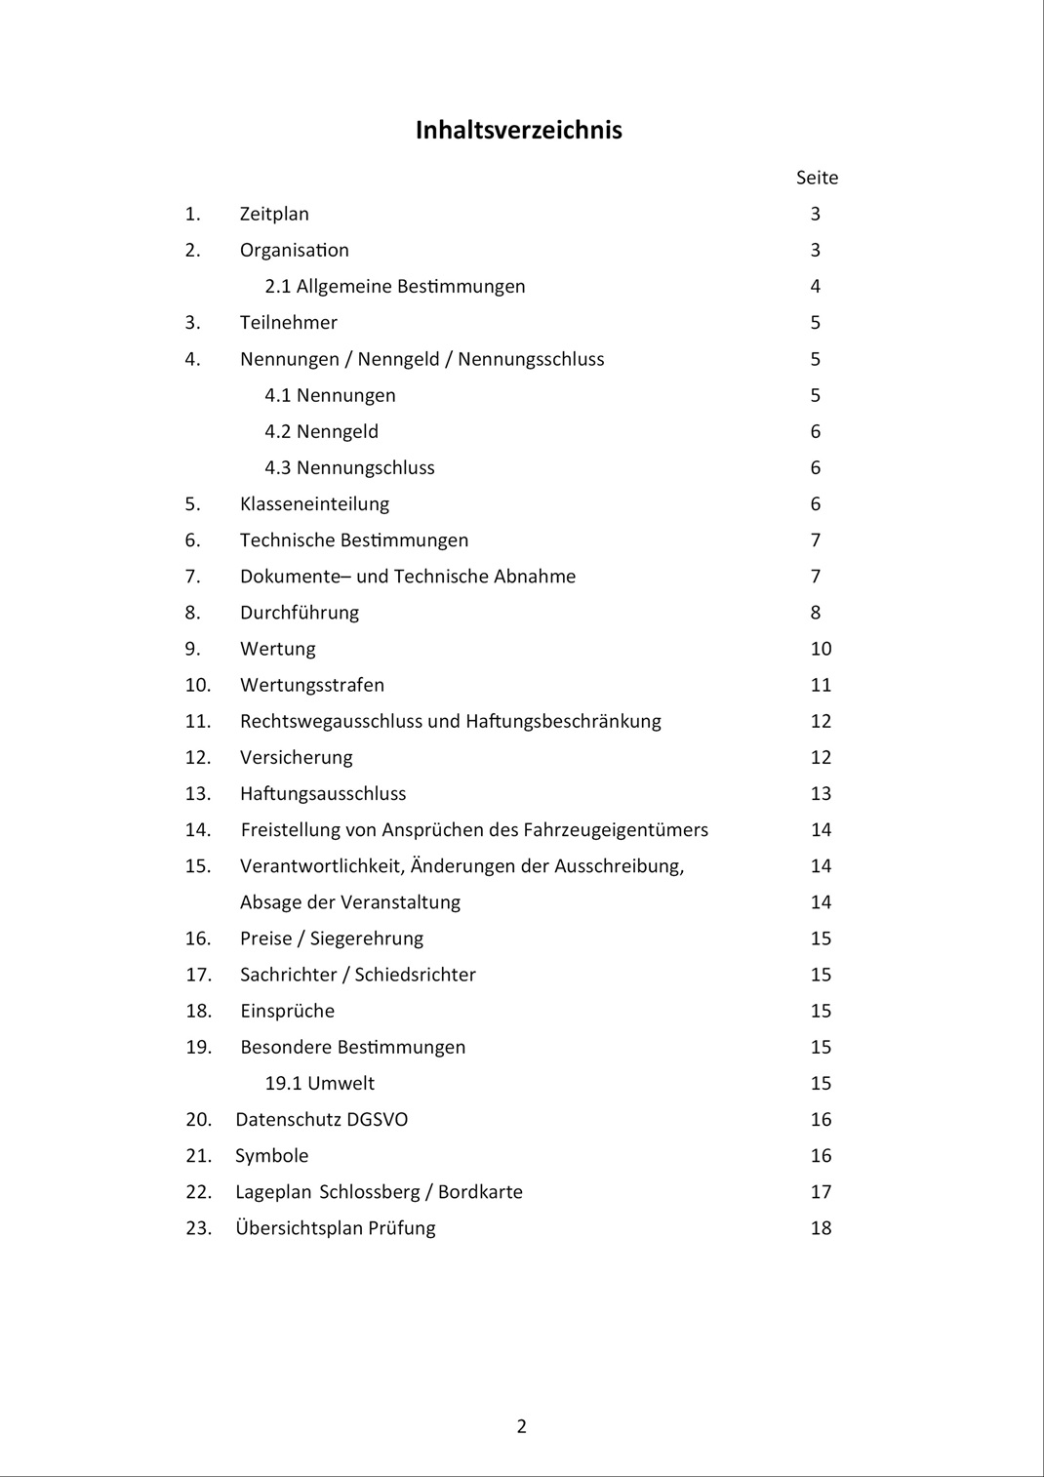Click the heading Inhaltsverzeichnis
(518, 130)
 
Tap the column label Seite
(817, 178)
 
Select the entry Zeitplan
(274, 214)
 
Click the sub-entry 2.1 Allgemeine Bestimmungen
(394, 286)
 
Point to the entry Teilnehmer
(288, 322)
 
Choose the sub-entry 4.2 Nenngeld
(321, 431)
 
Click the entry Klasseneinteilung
(314, 503)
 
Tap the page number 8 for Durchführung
(816, 613)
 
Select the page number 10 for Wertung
(821, 649)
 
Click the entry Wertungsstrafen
(312, 685)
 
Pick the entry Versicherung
(296, 757)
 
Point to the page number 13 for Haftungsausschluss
(821, 793)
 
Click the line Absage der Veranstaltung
(350, 901)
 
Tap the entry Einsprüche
(287, 1011)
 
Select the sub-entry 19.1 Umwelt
(319, 1083)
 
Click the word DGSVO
(378, 1119)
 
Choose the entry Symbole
(271, 1155)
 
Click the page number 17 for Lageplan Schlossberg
(821, 1191)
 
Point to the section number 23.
(198, 1227)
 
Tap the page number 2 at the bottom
(521, 1426)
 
